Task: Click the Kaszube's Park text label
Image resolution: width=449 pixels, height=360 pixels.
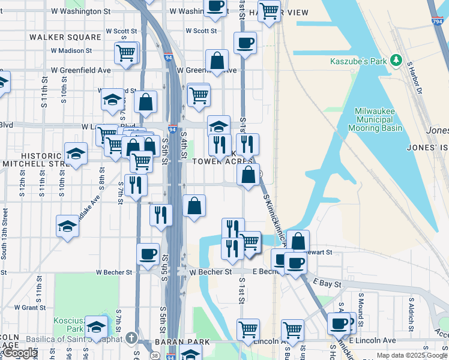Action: point(358,61)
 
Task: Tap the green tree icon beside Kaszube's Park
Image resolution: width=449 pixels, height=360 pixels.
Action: point(396,60)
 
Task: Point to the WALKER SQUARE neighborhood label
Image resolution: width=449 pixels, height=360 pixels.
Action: point(65,37)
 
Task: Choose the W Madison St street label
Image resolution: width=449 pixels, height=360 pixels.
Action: point(71,51)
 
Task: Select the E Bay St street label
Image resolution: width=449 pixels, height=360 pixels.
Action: point(328,282)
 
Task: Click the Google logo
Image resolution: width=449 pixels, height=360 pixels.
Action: point(19,353)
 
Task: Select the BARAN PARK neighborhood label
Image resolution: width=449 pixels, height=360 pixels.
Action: point(181,342)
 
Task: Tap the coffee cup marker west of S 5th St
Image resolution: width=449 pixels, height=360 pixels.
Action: point(148,254)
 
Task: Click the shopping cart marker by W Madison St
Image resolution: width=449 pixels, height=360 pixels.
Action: point(126,53)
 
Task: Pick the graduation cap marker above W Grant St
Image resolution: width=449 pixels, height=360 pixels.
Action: point(67,226)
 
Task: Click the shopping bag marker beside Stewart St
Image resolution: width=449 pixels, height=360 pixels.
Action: point(298,241)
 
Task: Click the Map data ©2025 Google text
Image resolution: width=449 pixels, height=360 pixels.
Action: point(411,355)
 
